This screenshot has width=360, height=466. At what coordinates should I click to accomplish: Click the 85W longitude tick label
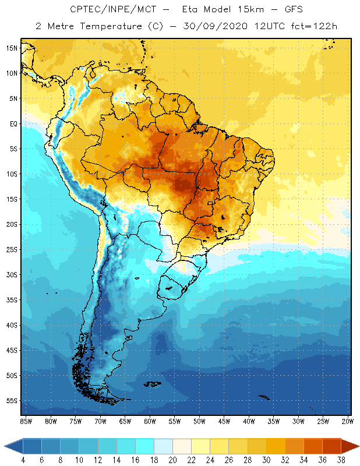pyautogui.click(x=26, y=421)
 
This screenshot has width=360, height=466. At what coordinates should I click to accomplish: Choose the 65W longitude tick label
pyautogui.click(x=125, y=421)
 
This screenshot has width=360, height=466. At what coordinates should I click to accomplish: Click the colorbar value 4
pyautogui.click(x=23, y=460)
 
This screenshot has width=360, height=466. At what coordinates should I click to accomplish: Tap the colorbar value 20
pyautogui.click(x=173, y=460)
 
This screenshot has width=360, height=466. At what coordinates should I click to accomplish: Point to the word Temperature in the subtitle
pyautogui.click(x=103, y=26)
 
